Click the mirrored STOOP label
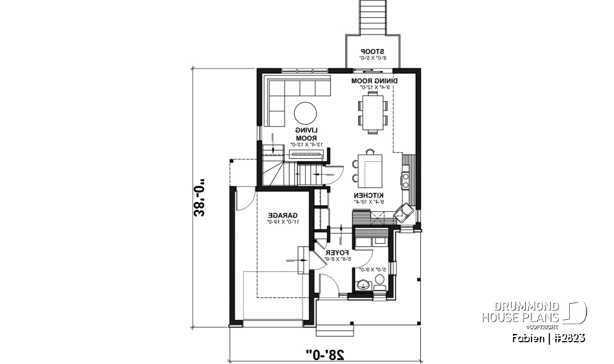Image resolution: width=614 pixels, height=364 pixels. pos(372,51)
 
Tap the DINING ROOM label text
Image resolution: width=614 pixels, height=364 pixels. pos(375,81)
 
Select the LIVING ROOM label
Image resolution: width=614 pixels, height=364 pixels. pos(306,134)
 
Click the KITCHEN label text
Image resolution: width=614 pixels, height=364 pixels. pos(369,194)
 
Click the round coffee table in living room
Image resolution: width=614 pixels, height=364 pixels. pos(304,113)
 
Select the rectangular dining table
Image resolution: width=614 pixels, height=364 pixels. pos(372,112)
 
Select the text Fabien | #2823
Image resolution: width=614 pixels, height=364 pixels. pos(548,337)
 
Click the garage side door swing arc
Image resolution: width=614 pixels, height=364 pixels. pos(243,200)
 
